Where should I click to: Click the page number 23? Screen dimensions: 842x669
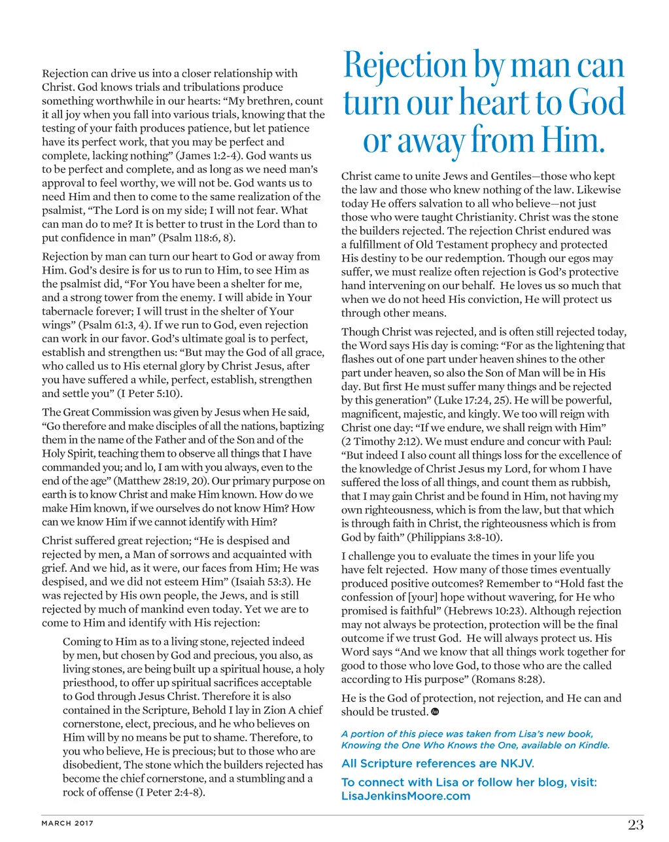[636, 824]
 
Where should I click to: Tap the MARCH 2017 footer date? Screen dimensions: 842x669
[67, 823]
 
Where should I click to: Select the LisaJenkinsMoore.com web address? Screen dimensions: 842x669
[405, 796]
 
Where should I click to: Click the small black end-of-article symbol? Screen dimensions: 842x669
[436, 712]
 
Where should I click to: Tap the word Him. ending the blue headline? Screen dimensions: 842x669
[568, 141]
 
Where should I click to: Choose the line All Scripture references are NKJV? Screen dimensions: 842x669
[437, 763]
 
